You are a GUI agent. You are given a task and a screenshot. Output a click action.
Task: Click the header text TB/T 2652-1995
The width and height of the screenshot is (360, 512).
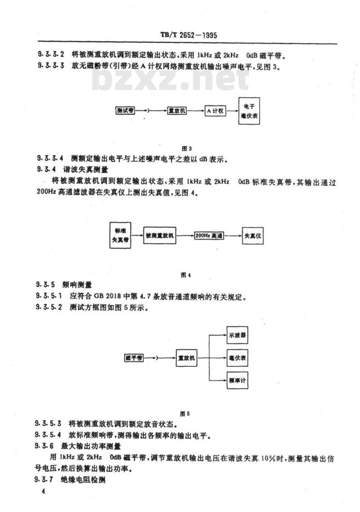coord(189,35)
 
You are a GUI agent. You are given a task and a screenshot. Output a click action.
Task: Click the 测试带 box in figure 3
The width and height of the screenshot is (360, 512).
coord(126,111)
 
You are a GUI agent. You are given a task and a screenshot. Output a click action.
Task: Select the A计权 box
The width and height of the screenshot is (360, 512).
coord(216,111)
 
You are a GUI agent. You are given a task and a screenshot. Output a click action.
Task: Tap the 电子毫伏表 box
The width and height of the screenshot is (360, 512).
coord(249,111)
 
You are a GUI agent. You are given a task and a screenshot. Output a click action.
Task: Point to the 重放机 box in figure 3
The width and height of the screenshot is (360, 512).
coord(177,111)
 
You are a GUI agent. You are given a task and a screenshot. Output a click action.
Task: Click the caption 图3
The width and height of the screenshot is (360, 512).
coord(186,148)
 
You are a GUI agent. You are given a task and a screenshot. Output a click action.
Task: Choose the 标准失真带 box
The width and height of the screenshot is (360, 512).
coord(120,235)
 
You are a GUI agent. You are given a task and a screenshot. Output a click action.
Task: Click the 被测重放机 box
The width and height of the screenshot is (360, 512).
coord(159,235)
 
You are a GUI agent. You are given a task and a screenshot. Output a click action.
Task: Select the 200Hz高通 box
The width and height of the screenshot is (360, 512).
coord(209,235)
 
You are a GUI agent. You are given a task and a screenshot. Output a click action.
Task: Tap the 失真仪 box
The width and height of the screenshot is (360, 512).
coord(252,235)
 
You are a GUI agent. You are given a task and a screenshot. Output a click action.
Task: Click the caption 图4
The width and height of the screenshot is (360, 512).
coord(186,275)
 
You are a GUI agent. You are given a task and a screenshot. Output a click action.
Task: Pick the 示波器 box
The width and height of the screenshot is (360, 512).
coord(237,335)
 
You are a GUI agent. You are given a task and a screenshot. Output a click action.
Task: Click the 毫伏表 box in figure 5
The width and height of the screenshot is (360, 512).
coord(237,358)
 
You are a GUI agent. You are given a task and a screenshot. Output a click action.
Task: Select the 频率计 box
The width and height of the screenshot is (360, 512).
coord(237,381)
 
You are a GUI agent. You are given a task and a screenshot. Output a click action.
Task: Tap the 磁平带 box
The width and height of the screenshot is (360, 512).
coord(134,358)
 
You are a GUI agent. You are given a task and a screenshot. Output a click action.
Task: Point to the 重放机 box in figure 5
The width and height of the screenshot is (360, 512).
coord(187,358)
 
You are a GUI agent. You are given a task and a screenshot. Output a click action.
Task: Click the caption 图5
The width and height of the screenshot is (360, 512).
coord(185,414)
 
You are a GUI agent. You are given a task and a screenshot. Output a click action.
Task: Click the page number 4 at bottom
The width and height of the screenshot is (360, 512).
coord(42,491)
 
